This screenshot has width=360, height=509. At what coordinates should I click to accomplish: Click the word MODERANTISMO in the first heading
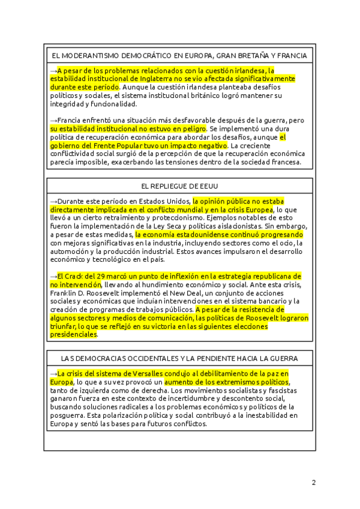point(88,56)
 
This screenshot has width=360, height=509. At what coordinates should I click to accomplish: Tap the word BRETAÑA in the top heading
point(251,56)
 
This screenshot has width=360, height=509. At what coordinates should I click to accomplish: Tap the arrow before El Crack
point(53,276)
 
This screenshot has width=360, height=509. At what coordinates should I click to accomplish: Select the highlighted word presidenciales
point(73,335)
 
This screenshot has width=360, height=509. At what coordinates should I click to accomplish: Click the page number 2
point(313,482)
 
